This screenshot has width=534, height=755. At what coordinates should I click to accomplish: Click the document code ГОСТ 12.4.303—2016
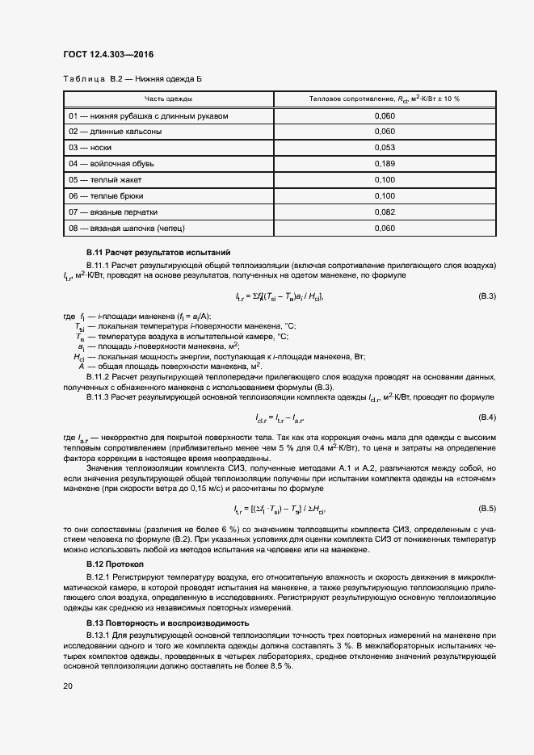[107, 55]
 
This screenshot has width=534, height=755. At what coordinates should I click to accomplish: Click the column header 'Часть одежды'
[168, 99]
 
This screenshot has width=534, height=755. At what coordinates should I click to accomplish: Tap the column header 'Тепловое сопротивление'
[384, 99]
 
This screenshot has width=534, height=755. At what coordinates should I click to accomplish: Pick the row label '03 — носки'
[90, 148]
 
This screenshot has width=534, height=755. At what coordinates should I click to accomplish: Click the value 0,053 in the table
[385, 148]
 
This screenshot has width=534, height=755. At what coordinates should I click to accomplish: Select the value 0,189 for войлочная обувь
[385, 164]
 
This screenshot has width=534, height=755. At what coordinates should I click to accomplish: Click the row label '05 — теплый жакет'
[104, 179]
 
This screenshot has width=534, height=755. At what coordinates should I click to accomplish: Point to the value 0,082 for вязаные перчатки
[385, 212]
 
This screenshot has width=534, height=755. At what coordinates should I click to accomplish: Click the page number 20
[68, 686]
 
